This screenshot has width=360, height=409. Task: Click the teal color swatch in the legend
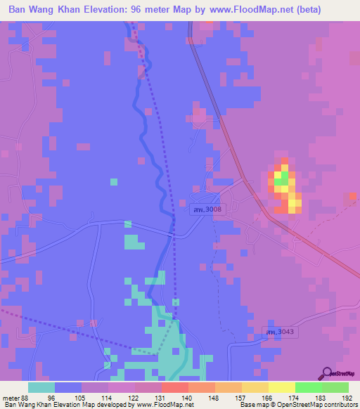pos(41,387)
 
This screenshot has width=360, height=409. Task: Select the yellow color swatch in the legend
pos(281,387)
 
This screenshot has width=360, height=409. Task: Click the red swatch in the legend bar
pos(174,387)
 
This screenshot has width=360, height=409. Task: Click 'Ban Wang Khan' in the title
pos(45,9)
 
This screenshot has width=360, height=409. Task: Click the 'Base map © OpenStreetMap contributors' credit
pos(297,405)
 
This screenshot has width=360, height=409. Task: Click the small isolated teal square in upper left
pos(113,182)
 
